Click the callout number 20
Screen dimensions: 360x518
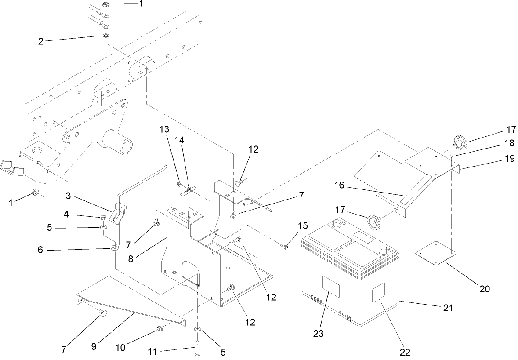pyautogui.click(x=485, y=289)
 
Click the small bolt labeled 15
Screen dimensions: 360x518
pyautogui.click(x=284, y=247)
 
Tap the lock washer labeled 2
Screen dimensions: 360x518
pyautogui.click(x=105, y=35)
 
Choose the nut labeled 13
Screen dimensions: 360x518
pyautogui.click(x=180, y=183)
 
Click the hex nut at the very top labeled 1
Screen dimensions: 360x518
pyautogui.click(x=105, y=5)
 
